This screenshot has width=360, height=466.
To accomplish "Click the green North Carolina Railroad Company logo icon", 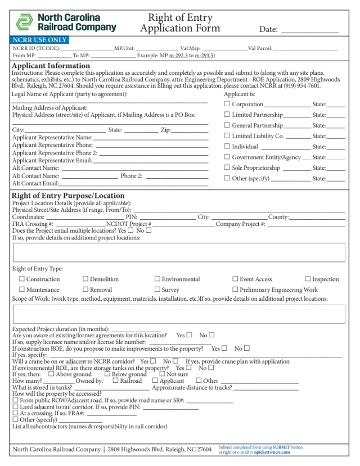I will coord(24,22).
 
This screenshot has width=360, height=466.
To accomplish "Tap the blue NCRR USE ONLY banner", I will coord(39,40).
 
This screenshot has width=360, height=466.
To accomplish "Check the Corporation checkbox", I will coord(227,104).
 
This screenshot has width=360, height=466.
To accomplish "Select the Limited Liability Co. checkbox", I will coord(227,136).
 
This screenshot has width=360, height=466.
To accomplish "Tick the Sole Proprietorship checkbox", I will coord(227,168).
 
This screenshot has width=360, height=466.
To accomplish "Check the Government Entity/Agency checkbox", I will coord(227,157).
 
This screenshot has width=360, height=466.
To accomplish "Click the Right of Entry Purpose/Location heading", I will coord(68,196).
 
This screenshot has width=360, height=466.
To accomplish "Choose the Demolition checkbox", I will coord(85,279).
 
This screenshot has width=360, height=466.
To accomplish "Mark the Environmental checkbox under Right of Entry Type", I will coord(157,279).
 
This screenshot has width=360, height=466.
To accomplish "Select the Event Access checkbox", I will coord(235,279).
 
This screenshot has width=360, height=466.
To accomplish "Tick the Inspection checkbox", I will coord(308,279).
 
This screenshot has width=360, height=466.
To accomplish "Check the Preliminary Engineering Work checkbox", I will coord(235,289).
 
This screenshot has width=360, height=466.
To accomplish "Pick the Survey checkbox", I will coord(157,289).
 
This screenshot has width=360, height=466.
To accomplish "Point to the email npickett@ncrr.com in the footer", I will coord(272,452).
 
